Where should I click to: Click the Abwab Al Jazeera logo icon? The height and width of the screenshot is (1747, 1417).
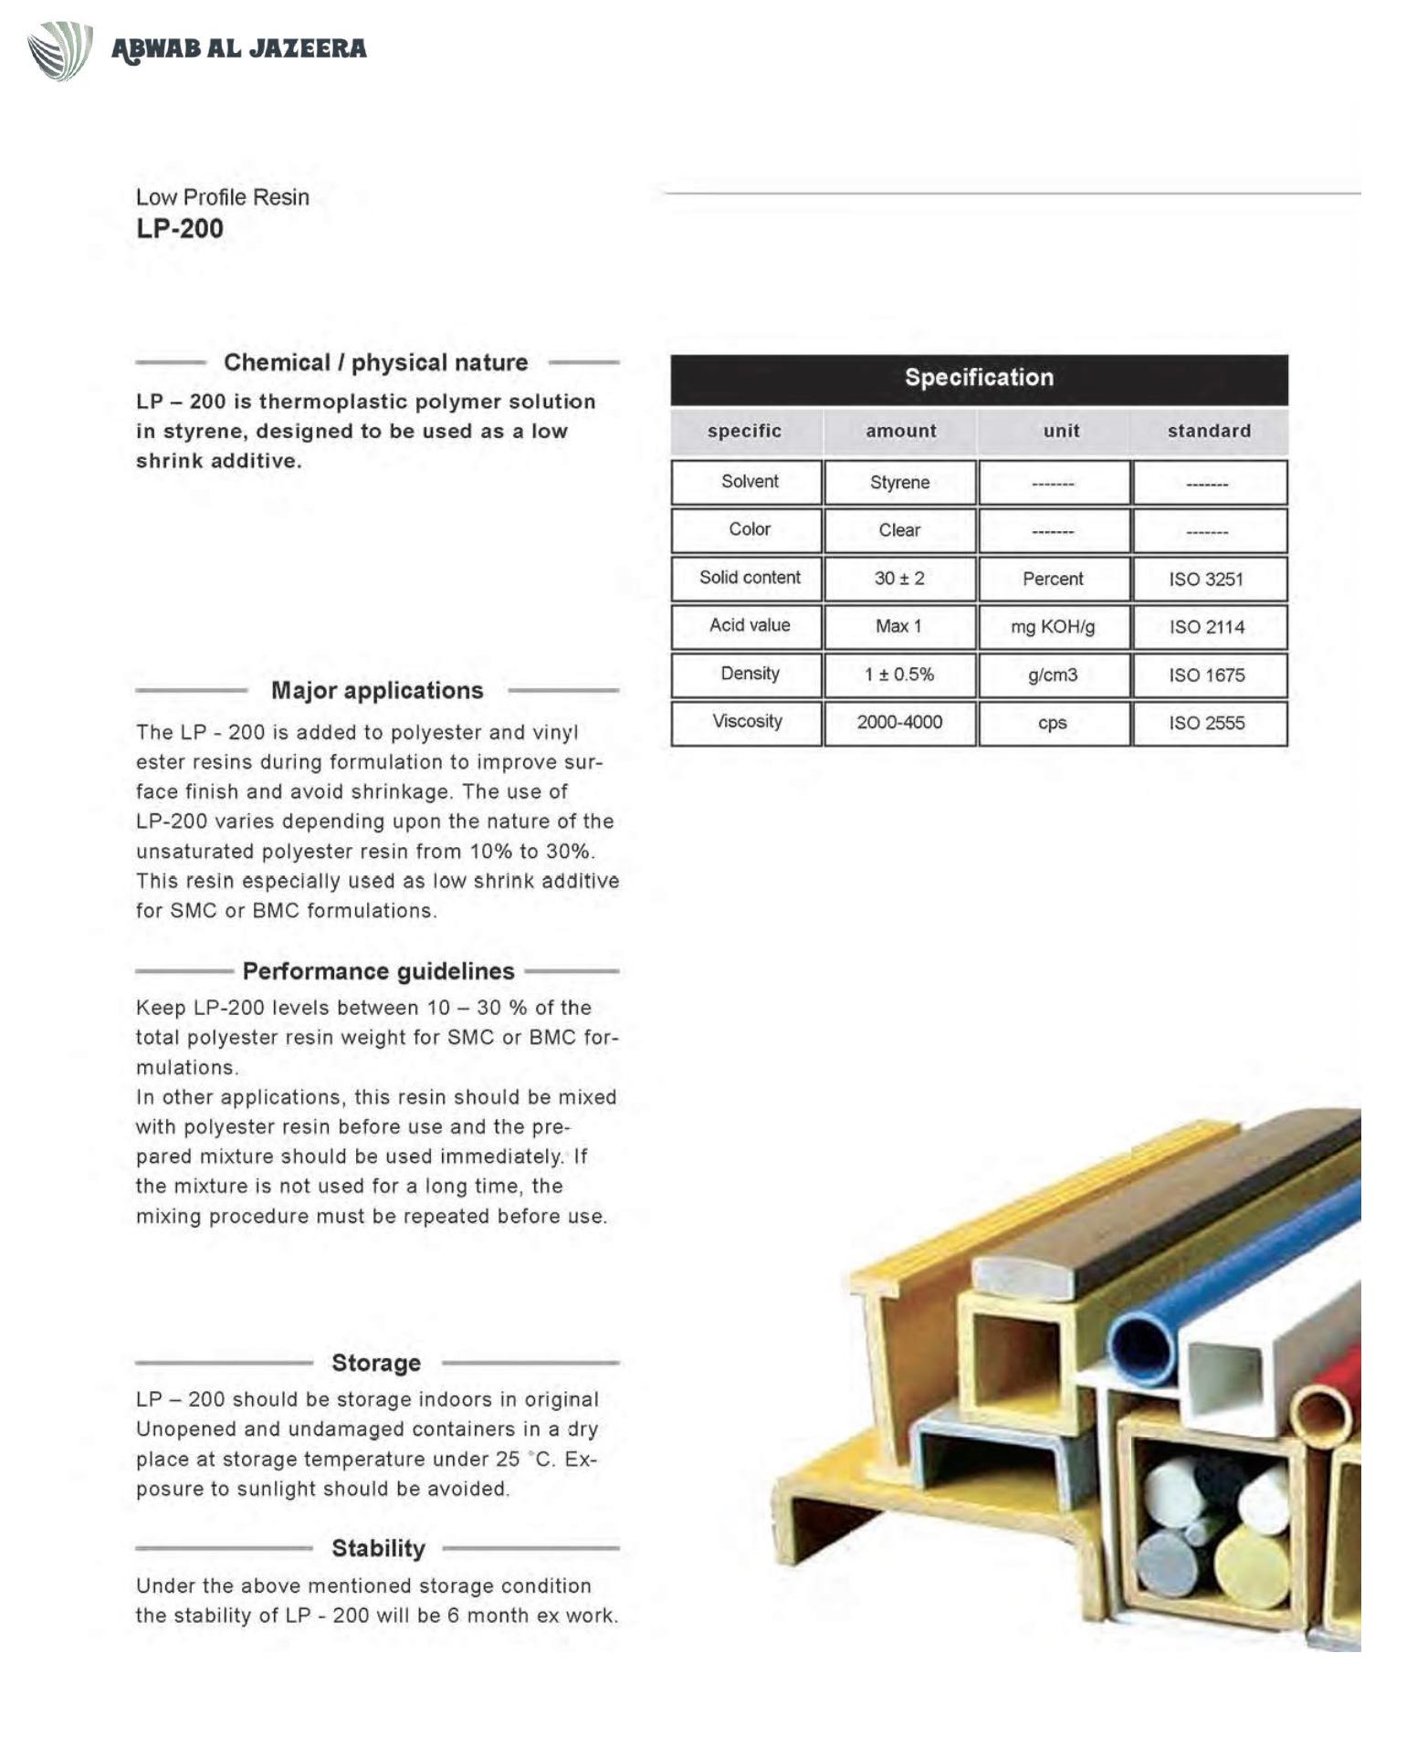point(60,50)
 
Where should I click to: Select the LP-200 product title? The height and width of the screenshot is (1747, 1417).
point(180,228)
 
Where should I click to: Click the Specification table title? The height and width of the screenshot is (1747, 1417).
point(979,378)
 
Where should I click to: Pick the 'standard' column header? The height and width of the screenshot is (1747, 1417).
point(1209,431)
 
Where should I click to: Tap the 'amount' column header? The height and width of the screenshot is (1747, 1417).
point(900,431)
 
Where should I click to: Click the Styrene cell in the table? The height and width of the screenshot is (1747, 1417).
point(899,482)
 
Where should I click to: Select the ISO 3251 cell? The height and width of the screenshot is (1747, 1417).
point(1206,579)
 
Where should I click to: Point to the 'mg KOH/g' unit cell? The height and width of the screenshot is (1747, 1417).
point(1053,627)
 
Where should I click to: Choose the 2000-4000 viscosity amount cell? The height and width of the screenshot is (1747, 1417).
point(899,722)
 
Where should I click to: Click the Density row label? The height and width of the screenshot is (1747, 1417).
point(750,674)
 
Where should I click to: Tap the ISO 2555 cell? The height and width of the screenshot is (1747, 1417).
point(1206,723)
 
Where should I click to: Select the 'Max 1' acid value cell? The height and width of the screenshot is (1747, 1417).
point(899,626)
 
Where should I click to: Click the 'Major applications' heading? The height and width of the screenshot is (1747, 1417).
point(377,690)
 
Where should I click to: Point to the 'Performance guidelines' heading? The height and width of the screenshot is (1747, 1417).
point(378,971)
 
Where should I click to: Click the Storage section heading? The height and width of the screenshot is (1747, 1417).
point(376,1363)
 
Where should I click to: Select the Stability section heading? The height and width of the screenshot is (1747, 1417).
point(378,1548)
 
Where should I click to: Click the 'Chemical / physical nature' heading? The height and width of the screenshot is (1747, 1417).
point(375,362)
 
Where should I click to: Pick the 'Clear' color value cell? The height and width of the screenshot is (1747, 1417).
point(899,530)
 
